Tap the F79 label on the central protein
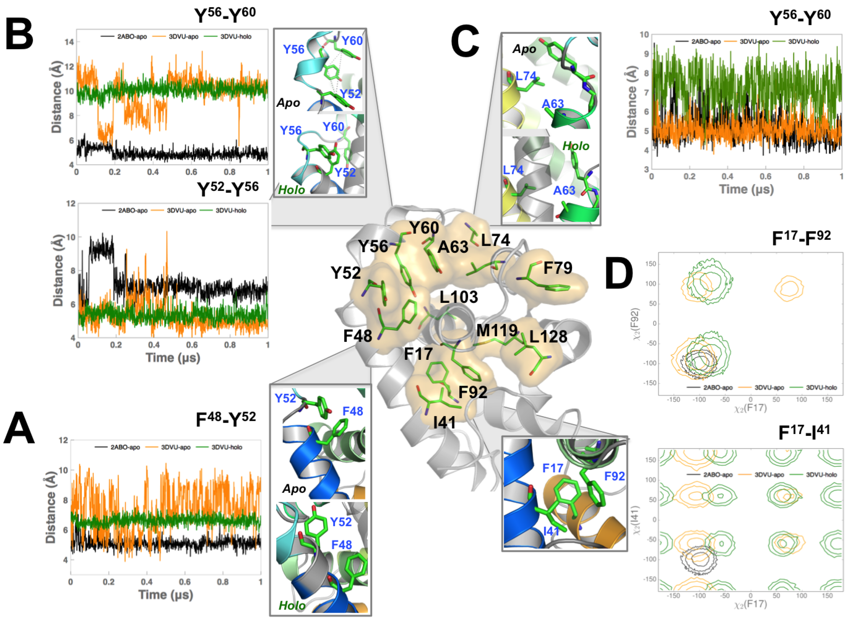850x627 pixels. pos(557,268)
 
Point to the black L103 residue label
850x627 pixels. pos(458,297)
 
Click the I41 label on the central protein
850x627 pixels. pos(444,422)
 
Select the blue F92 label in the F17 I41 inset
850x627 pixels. pos(614,476)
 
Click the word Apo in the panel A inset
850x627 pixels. pos(294,488)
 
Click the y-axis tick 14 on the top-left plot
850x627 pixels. pos(69,42)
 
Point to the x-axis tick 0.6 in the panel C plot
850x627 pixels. pos(765,176)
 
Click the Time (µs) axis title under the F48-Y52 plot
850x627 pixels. pos(165,594)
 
